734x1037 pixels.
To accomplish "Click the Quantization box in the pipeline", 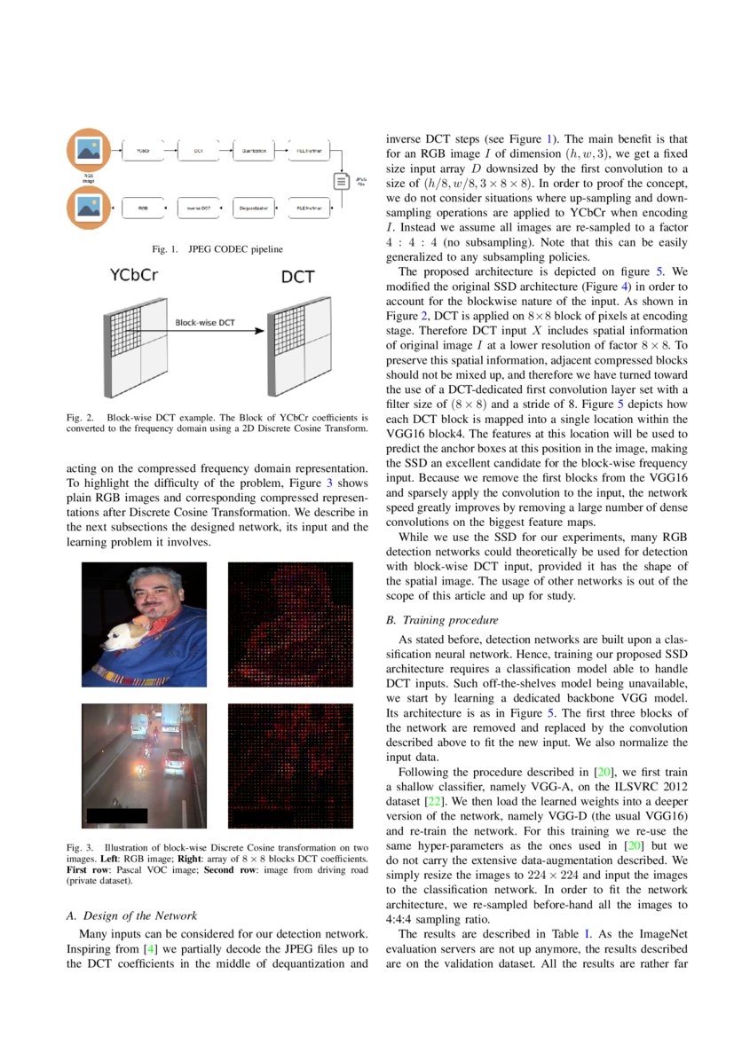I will [x=254, y=152].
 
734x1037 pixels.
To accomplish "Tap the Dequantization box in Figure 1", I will [x=254, y=209].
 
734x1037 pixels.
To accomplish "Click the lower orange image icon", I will [x=89, y=209].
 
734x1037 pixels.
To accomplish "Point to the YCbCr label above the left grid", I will [x=134, y=276].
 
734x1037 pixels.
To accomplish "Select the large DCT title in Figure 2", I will [x=297, y=277].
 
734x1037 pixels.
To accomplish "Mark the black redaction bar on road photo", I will [x=116, y=815].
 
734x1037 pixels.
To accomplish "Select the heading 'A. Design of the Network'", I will [x=132, y=915].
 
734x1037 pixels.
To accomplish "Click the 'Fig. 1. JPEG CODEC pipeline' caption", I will [x=217, y=248].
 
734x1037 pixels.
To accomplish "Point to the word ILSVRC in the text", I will [x=605, y=786].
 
